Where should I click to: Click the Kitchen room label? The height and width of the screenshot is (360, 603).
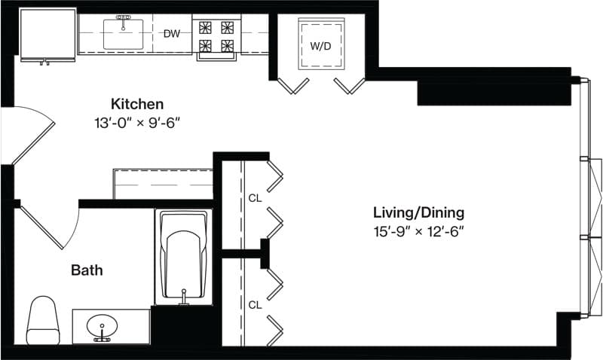point(137,104)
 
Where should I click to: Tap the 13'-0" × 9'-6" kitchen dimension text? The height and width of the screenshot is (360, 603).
point(137,123)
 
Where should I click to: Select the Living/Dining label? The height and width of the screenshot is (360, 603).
point(419,212)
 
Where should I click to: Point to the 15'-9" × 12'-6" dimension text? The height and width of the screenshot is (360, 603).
point(419,232)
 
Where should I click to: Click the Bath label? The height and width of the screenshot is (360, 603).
point(87,270)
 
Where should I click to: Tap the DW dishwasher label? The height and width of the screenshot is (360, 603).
point(172,34)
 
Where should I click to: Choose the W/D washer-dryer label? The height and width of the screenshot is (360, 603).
point(321,47)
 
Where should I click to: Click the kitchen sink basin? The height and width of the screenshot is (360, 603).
point(123,35)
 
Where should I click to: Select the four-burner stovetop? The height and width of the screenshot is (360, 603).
point(216,36)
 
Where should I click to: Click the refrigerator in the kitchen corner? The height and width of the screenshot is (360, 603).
point(48,35)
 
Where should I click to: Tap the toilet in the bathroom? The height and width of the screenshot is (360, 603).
point(43,320)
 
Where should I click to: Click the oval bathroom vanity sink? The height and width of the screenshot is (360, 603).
point(102,327)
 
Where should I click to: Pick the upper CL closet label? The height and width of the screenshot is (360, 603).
point(255,198)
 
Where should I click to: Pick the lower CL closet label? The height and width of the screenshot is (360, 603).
point(255,305)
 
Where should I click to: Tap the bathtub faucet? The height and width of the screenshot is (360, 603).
point(184,297)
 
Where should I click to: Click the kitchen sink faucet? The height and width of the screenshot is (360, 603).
point(123,22)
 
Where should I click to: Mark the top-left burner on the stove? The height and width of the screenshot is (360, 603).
point(205,27)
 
